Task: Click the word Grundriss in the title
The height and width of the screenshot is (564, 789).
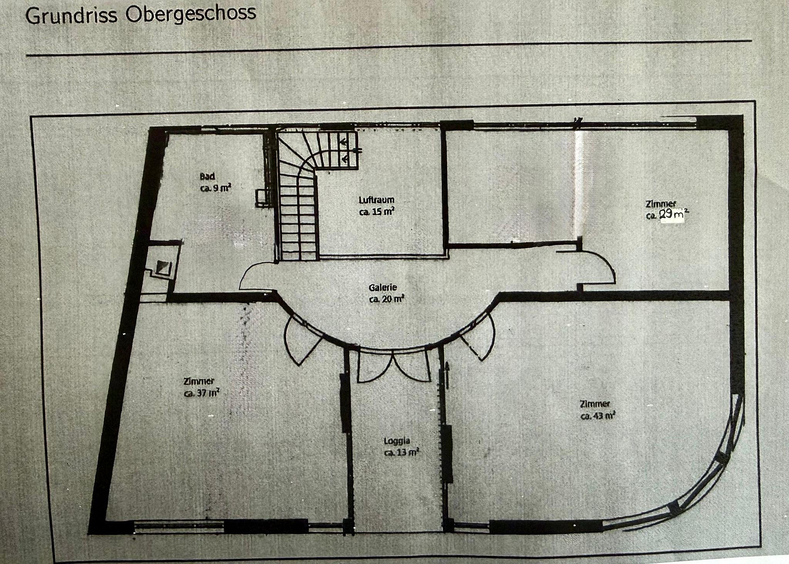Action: (x=71, y=16)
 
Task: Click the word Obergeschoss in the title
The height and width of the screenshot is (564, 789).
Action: (x=191, y=14)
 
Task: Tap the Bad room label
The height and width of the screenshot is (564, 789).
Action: (x=208, y=176)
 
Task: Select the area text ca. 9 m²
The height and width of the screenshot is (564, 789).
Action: (x=215, y=188)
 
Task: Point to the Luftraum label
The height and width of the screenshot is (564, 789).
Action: (x=376, y=200)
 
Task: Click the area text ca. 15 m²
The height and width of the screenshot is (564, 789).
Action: (x=376, y=212)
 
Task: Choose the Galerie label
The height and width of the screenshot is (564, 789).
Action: (x=383, y=287)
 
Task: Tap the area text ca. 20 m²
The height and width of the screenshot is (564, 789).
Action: (x=386, y=299)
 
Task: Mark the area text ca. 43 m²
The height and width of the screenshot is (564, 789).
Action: (x=598, y=416)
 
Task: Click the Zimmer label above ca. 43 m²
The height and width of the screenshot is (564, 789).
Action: (x=595, y=404)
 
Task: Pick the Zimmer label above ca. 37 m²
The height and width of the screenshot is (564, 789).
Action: (x=199, y=381)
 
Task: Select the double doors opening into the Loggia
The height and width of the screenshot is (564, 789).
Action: (x=394, y=366)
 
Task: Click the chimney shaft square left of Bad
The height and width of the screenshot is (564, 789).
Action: (x=163, y=267)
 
